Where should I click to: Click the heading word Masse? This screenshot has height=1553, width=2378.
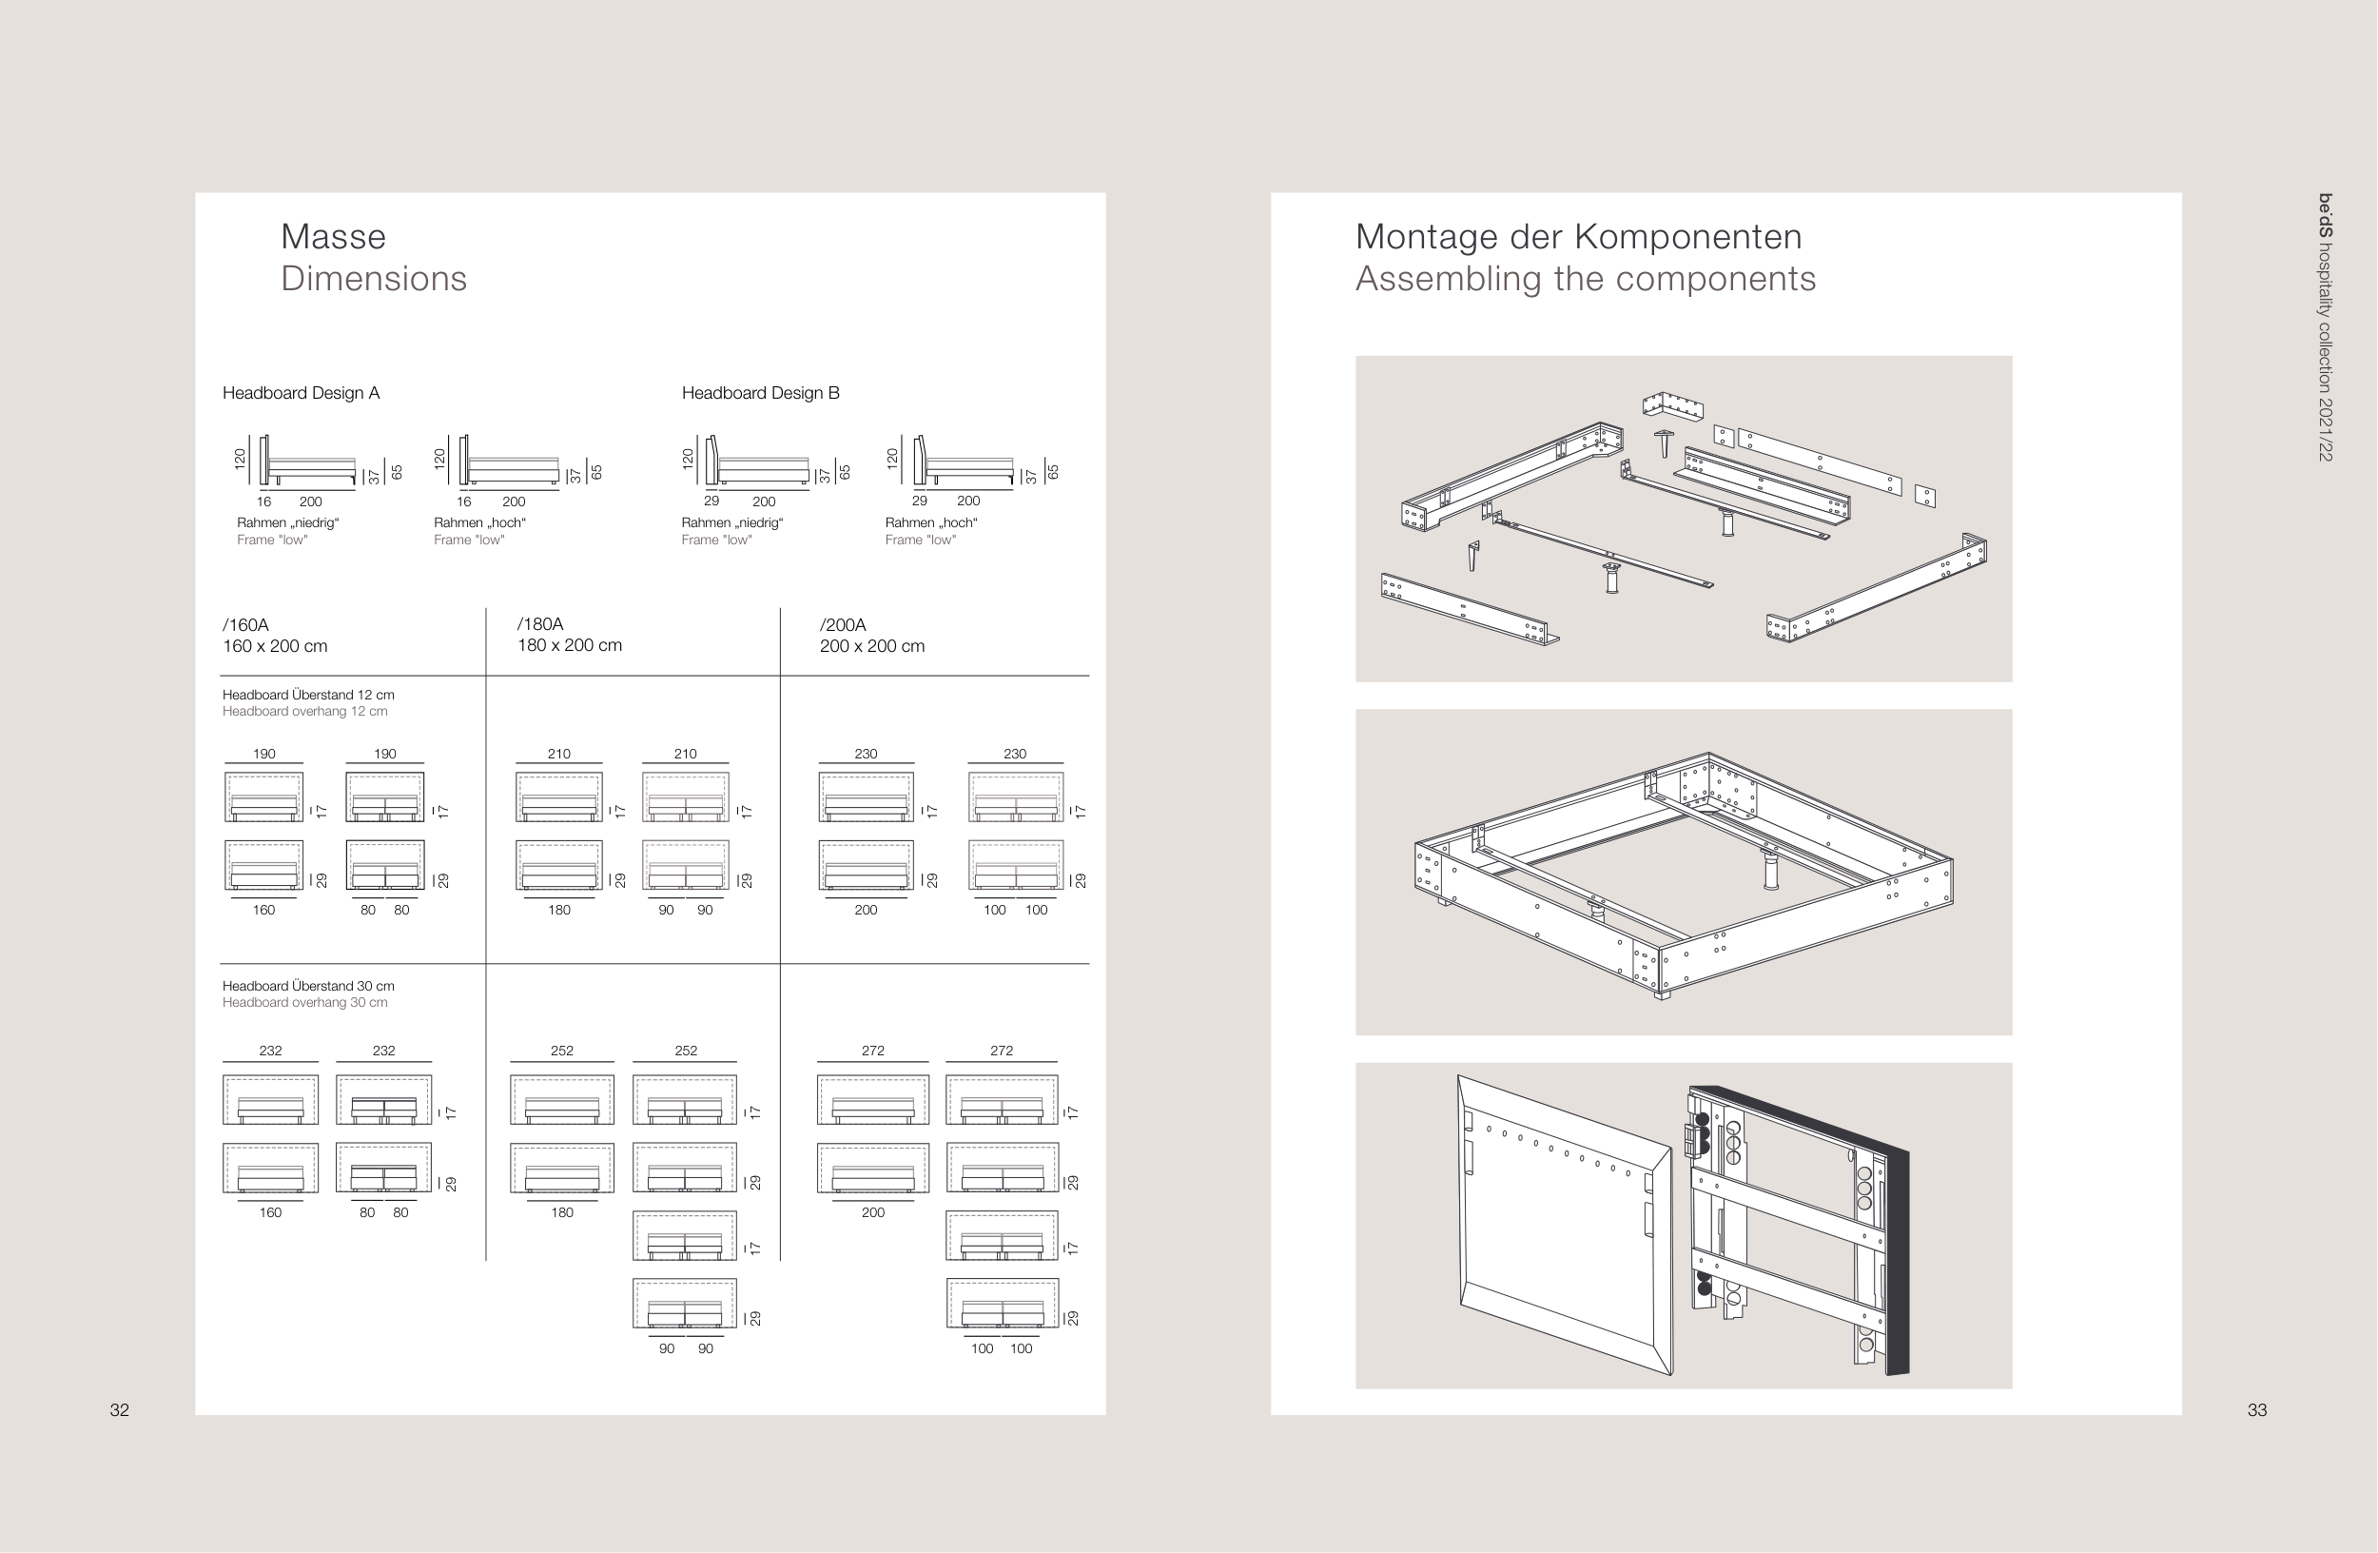(333, 237)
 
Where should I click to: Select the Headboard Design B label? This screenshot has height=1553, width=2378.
(760, 393)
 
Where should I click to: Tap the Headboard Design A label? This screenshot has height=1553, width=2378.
(301, 393)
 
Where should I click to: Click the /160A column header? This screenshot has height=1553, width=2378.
(245, 624)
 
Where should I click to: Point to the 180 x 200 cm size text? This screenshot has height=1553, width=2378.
(570, 645)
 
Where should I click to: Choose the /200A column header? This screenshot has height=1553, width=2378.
(843, 624)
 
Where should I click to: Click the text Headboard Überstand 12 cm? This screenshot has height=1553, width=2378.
(308, 695)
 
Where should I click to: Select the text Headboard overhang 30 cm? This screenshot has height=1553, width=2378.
(304, 1002)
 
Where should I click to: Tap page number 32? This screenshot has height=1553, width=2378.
(120, 1410)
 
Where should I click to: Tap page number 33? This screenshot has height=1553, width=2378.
(2256, 1410)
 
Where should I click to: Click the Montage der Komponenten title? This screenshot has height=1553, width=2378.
(1579, 237)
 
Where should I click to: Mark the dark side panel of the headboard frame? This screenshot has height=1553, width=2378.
(1897, 1259)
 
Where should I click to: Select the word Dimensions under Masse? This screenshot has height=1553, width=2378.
(374, 279)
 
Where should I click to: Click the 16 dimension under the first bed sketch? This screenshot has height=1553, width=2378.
(263, 501)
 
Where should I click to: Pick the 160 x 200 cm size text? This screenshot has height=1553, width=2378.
(275, 645)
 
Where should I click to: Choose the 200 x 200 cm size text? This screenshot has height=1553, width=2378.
(872, 645)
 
